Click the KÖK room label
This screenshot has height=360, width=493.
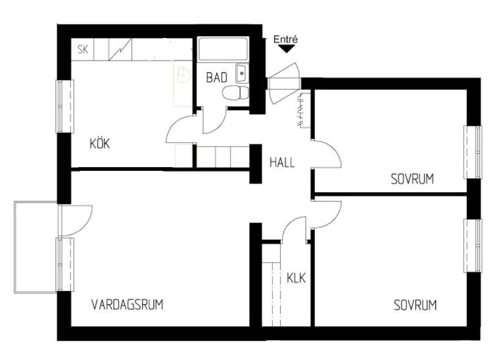[100, 143]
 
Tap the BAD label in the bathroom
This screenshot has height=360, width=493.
[217, 77]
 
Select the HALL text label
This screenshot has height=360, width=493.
[282, 162]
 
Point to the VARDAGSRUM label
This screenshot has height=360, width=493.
[127, 305]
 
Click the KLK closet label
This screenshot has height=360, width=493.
[296, 278]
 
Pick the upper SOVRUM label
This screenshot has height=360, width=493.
[412, 179]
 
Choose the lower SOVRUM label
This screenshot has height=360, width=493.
[415, 306]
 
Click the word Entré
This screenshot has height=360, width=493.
[286, 39]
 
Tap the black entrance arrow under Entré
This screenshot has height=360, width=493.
[286, 49]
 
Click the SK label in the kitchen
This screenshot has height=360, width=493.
[83, 50]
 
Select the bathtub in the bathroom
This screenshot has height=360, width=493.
[223, 49]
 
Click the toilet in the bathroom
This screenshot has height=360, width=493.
[235, 93]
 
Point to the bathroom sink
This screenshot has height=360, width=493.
[242, 73]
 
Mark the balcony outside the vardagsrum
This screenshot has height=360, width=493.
[35, 247]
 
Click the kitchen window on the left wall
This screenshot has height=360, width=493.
[65, 107]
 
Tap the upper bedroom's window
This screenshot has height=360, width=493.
[473, 152]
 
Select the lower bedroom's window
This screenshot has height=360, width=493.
[473, 246]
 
